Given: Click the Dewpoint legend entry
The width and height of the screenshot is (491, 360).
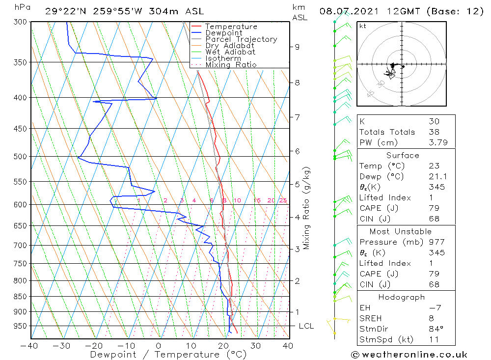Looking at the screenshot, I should [x=223, y=33].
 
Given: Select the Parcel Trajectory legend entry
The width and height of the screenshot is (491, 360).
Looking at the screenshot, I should [x=241, y=39].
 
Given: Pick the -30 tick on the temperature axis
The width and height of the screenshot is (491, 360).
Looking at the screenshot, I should [x=62, y=346].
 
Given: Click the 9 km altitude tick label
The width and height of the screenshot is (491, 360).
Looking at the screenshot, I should [x=297, y=47].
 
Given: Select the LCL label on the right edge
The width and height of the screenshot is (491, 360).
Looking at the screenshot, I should [x=306, y=326].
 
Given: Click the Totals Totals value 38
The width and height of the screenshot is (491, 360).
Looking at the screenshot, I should [x=433, y=132].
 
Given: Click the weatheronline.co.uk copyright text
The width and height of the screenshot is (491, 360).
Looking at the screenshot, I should [x=409, y=355].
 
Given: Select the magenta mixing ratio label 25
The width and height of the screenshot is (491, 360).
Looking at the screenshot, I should [x=283, y=200].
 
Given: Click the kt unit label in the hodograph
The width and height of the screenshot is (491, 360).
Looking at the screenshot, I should [x=363, y=26].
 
